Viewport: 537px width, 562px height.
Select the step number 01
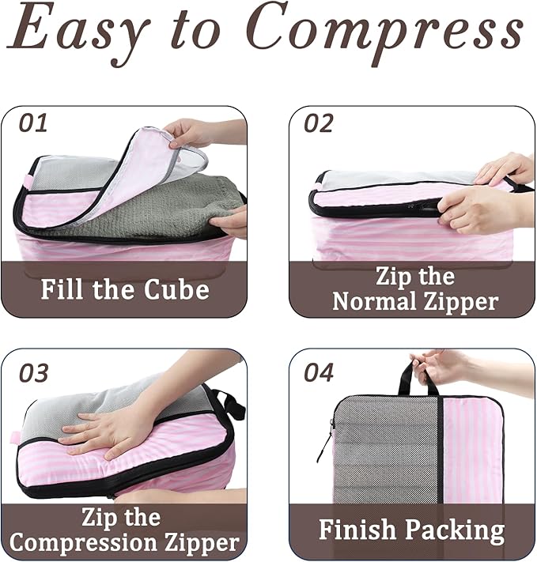click(x=34, y=123)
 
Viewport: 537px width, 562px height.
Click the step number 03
click(x=34, y=372)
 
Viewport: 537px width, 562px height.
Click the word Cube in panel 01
click(x=176, y=289)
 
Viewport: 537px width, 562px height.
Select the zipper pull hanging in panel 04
click(x=323, y=451)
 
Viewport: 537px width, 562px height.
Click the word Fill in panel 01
click(x=65, y=289)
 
